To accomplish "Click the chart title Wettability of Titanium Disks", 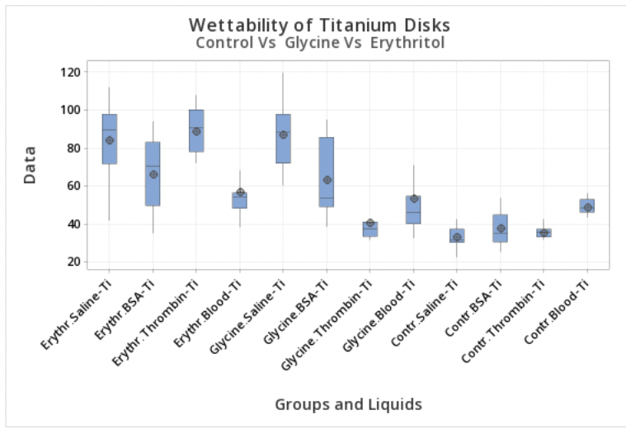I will click(x=319, y=25).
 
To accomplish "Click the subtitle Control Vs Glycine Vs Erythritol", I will click(x=319, y=42).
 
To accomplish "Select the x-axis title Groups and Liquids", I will click(x=348, y=404).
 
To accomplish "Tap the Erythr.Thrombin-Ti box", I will click(x=196, y=130).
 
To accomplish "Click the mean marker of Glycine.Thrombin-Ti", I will click(x=370, y=223).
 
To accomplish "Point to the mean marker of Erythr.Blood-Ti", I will click(x=240, y=192).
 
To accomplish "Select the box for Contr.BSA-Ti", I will click(x=501, y=228).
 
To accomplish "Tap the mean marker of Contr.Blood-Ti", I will click(x=587, y=207).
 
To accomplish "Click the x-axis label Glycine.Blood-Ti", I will click(x=384, y=314).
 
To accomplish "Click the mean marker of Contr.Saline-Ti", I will click(x=457, y=238).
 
